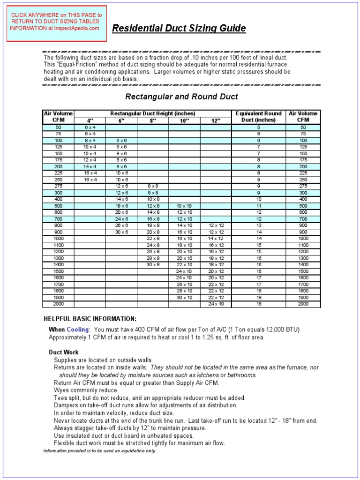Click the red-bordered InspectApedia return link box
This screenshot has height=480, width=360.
[x=57, y=22]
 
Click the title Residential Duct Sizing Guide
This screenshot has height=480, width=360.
[x=179, y=29]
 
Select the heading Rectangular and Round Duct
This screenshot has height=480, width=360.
[x=181, y=97]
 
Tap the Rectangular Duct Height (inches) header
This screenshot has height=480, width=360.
[x=153, y=113]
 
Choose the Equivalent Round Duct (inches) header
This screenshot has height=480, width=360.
[x=258, y=117]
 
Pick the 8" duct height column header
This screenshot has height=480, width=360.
[x=153, y=120]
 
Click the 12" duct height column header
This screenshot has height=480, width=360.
[x=216, y=120]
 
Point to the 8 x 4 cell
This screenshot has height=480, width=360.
[x=90, y=141]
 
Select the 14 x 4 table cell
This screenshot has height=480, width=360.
[x=90, y=166]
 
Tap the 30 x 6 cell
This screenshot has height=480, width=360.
[x=121, y=232]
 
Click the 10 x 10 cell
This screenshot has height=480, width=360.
[x=184, y=206]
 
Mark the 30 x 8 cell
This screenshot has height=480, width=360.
[x=153, y=265]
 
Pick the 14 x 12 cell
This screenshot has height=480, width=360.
[x=216, y=239]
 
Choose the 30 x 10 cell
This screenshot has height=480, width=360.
[x=184, y=298]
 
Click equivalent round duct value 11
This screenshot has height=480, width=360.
[x=258, y=206]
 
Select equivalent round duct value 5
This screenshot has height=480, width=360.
[x=258, y=127]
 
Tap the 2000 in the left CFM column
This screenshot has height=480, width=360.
[x=58, y=304]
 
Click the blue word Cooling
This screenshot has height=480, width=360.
[x=77, y=330]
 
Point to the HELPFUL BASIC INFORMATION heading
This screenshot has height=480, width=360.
[x=90, y=319]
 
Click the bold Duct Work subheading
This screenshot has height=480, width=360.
[x=64, y=352]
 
